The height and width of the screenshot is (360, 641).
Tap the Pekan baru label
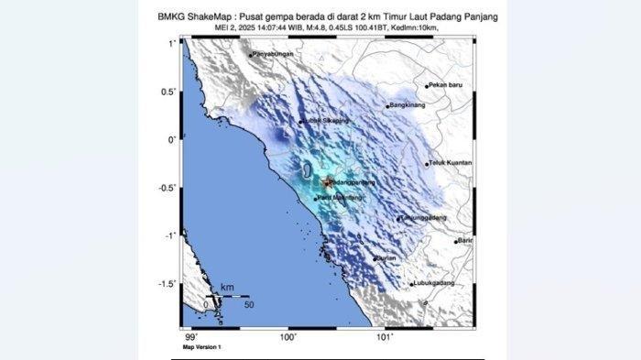pyautogui.click(x=448, y=85)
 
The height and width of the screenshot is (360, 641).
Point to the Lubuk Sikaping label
pyautogui.click(x=326, y=121)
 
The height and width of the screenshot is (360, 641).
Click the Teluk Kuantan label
pyautogui.click(x=451, y=164)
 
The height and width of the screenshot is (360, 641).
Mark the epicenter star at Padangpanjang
pyautogui.click(x=327, y=181)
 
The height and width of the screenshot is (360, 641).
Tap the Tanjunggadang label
pyautogui.click(x=426, y=218)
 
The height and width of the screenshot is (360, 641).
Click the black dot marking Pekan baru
pyautogui.click(x=427, y=86)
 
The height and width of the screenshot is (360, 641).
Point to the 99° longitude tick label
pyautogui.click(x=191, y=338)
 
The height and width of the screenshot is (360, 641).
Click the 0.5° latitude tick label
pyautogui.click(x=168, y=92)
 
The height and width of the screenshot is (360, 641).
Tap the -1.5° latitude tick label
pyautogui.click(x=167, y=283)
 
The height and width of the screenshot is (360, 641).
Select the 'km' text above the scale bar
pyautogui.click(x=226, y=288)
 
